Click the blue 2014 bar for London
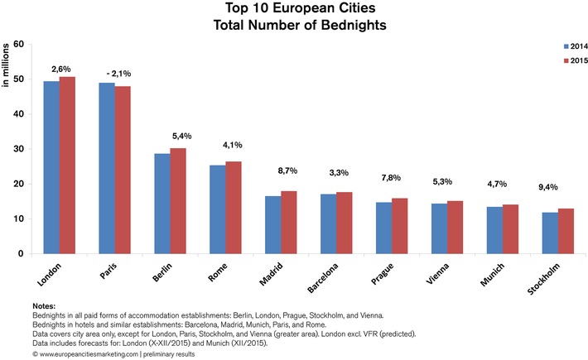(x=51, y=167)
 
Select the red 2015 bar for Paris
(x=123, y=170)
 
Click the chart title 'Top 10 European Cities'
(x=294, y=9)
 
